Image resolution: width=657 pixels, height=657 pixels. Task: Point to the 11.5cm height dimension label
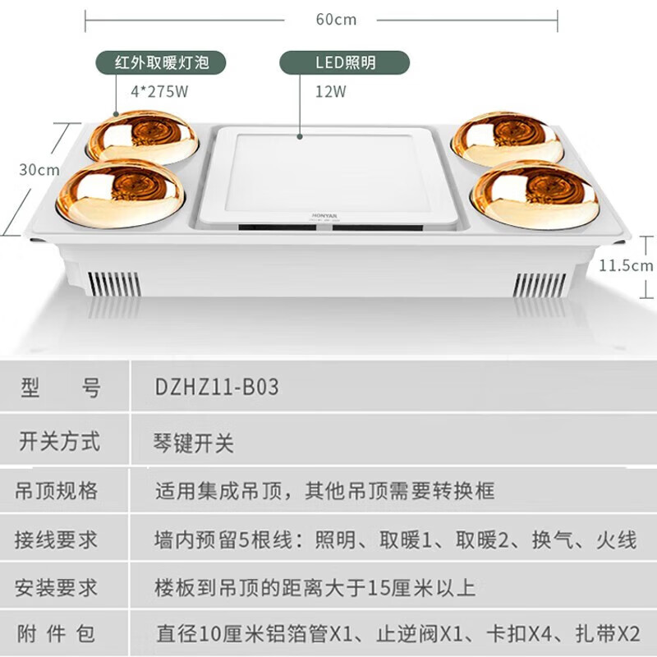coord(627,264)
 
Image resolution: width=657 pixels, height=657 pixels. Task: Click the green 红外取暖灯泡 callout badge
coord(159,62)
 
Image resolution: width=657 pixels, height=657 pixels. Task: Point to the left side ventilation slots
coord(113,283)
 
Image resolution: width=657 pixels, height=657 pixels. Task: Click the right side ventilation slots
coord(537,284)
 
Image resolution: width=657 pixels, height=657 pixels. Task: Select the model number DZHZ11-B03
coord(217,387)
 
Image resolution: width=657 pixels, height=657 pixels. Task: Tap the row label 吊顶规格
coord(57,491)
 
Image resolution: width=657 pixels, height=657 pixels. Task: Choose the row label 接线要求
coord(57,540)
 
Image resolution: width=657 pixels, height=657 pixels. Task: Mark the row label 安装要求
coord(57,587)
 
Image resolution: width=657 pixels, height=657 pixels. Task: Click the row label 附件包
coord(57,633)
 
